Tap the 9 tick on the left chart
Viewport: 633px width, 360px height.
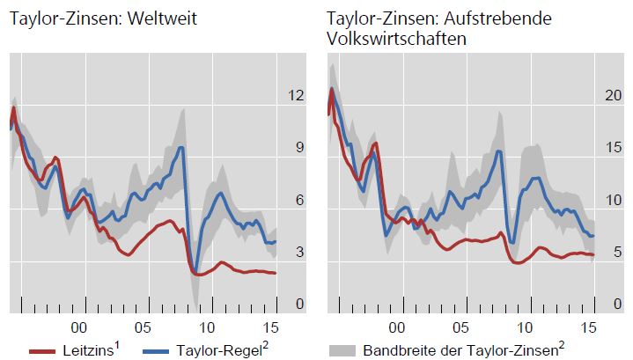(x=299, y=148)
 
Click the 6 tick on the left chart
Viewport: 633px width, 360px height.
(x=299, y=200)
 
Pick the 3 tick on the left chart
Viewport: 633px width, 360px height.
(x=299, y=253)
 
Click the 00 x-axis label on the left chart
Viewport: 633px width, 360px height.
(x=85, y=325)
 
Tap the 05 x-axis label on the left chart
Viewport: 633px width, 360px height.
(x=146, y=325)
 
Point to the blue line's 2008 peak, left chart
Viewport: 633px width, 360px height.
(x=181, y=148)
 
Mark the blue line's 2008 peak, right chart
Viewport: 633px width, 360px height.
(x=499, y=151)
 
